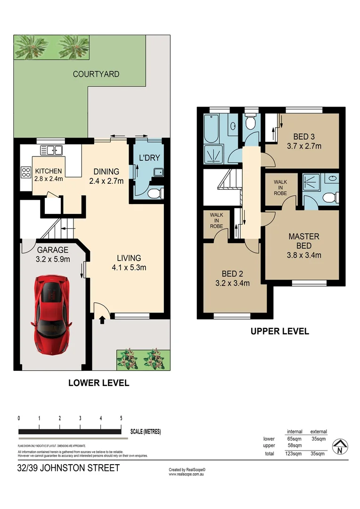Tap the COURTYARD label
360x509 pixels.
(96, 74)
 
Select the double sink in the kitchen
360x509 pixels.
(52, 151)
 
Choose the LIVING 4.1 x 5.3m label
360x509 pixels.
(129, 263)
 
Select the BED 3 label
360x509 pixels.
(304, 141)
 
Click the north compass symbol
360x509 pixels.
(339, 446)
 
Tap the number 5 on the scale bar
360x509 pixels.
(122, 419)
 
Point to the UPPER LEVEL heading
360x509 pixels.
(279, 331)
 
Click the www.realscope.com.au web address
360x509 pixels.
(187, 474)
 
